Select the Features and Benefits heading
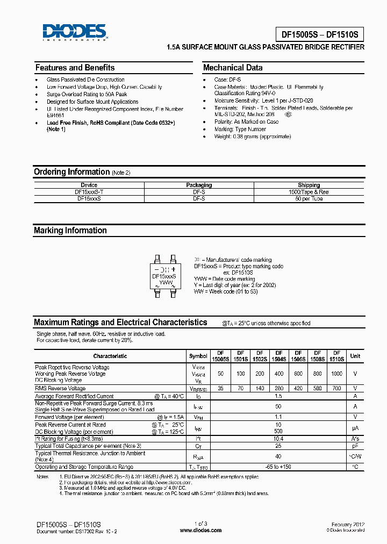pos(75,68)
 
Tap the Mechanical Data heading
pos(233,68)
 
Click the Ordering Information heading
pos(71,172)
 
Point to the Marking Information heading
pos(70,231)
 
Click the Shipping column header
pos(309,185)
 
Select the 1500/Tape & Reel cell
pos(309,192)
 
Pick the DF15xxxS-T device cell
pos(89,192)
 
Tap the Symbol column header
pos(198,356)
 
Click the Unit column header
pos(355,356)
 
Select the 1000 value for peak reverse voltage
pos(336,373)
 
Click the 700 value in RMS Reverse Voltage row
pos(336,388)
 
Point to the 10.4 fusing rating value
pos(278,439)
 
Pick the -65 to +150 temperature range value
pos(278,467)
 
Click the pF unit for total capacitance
pos(355,446)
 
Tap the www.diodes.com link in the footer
pos(200,530)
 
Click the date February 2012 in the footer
pos(348,524)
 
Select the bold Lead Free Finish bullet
pos(111,123)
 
